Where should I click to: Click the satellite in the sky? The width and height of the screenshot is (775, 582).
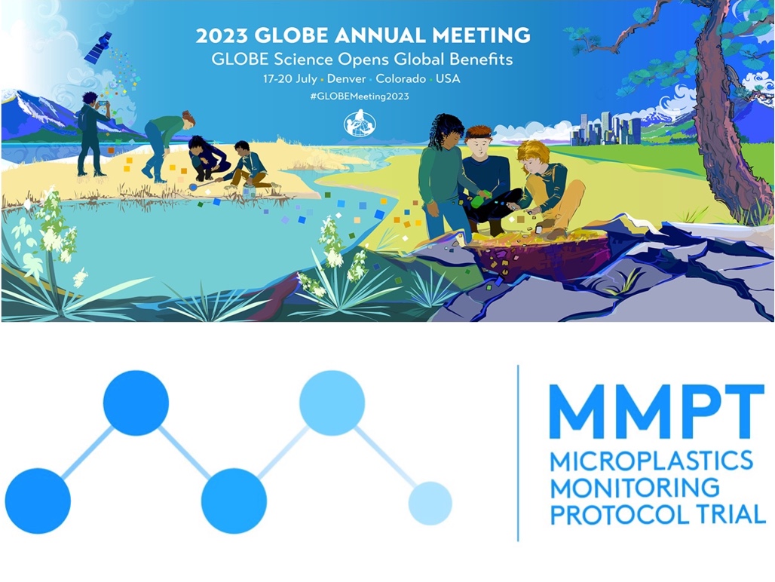(x=98, y=47)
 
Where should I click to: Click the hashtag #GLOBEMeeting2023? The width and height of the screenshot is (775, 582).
(x=360, y=96)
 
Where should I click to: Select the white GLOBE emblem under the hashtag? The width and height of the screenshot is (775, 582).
(x=360, y=124)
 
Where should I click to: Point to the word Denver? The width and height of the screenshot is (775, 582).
(x=347, y=78)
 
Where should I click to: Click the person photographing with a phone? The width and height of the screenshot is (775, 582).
(x=92, y=133)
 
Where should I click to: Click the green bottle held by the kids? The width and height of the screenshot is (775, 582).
(x=478, y=201)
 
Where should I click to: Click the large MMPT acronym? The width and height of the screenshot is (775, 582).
(x=657, y=412)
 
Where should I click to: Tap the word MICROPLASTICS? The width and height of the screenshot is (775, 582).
(x=651, y=461)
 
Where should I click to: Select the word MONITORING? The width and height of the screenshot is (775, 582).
(x=635, y=488)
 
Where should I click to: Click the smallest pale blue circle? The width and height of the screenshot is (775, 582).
(x=430, y=503)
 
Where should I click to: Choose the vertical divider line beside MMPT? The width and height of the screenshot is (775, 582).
(x=517, y=453)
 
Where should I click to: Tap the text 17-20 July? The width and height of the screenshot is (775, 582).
(x=290, y=79)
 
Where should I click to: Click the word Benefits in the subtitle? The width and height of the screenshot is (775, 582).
(x=481, y=60)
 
